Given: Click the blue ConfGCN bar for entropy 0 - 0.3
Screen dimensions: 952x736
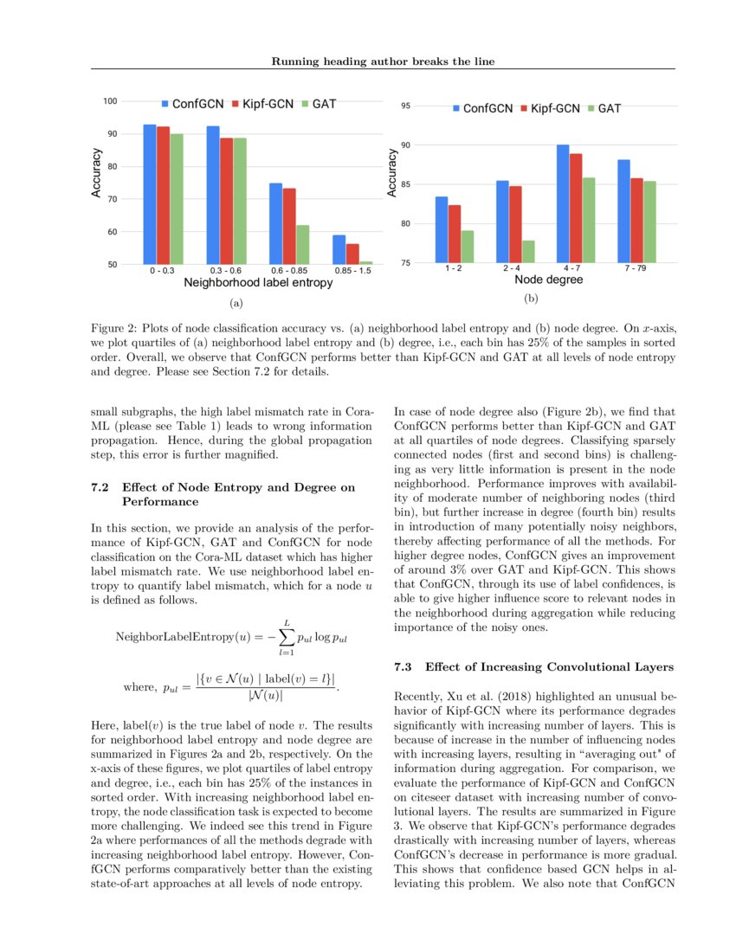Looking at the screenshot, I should click(150, 195).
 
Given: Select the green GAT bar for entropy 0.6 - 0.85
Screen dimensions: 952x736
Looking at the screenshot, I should click(302, 245).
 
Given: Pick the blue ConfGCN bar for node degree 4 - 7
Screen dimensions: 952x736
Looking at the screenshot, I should click(563, 203).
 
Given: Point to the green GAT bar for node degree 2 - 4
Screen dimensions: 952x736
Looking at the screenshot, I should click(528, 251).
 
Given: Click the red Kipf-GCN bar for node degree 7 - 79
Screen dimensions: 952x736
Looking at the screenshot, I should click(636, 220).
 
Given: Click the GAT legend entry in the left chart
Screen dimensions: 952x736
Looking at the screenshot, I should click(318, 104).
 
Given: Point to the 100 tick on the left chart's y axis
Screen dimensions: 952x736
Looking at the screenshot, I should click(111, 101).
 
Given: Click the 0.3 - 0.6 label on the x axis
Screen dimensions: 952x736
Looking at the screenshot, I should click(227, 271).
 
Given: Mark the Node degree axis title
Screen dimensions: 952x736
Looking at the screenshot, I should click(548, 280).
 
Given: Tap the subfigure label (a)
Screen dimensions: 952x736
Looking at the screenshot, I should click(234, 304).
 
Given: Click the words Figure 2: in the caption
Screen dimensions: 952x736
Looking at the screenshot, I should click(114, 329).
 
